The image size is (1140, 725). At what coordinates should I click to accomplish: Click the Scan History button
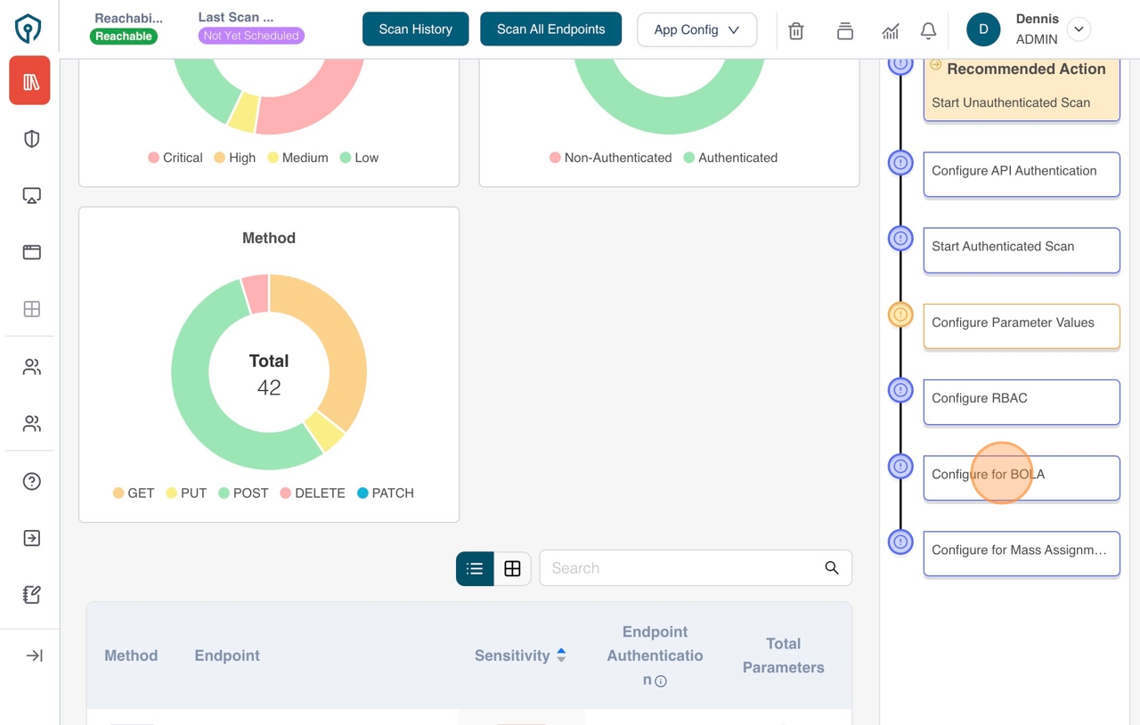415,29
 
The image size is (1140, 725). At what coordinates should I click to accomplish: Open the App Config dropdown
696,29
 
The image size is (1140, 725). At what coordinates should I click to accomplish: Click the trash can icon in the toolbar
796,30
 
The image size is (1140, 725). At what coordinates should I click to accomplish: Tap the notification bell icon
928,30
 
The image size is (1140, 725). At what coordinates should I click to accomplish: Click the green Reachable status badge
124,37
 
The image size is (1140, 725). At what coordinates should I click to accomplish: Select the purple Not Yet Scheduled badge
250,37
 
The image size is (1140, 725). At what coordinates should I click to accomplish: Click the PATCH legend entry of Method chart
385,493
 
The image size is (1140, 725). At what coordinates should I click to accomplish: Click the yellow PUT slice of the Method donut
324,432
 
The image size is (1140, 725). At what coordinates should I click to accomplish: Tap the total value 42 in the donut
269,388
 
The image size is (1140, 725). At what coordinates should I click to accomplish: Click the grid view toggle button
512,568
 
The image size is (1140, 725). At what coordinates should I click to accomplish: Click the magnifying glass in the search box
831,568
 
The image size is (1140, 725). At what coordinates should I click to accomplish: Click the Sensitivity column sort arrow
561,656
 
